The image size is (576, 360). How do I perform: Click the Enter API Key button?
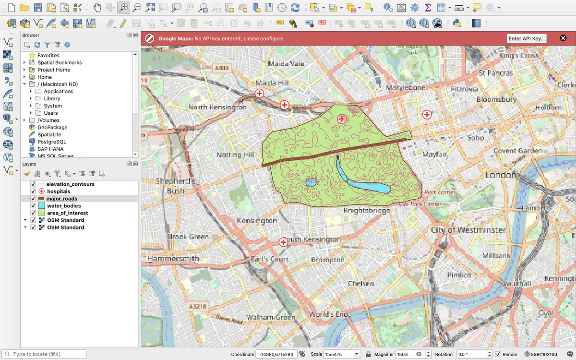pos(527,38)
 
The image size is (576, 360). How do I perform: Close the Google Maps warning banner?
pos(563,38)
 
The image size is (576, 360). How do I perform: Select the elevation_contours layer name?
pos(71,184)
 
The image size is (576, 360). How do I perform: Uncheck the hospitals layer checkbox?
pos(33,192)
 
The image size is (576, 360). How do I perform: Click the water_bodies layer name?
pos(64,206)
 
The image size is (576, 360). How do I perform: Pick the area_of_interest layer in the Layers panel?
pos(67,213)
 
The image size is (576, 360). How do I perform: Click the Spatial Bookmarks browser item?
pos(60,62)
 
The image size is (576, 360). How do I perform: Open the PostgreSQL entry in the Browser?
pos(52,142)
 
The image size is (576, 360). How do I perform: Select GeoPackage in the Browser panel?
pos(52,127)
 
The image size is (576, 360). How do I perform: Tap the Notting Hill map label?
pos(235,155)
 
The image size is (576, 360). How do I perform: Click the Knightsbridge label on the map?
pos(366,210)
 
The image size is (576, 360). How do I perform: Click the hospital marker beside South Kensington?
pos(283,242)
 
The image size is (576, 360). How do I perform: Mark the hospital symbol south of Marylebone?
pos(426,114)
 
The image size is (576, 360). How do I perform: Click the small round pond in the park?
pos(311,182)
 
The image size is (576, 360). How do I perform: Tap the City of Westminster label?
pos(468,230)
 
